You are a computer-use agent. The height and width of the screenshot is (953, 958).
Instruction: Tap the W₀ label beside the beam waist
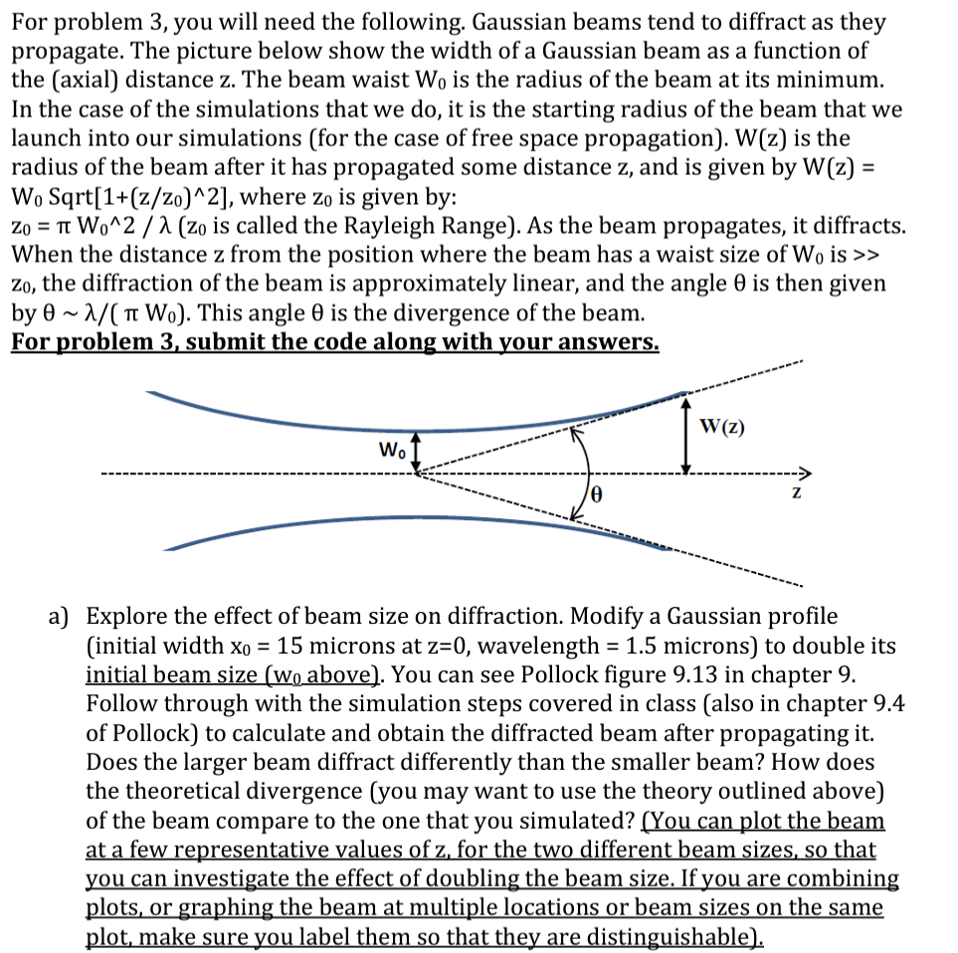392,450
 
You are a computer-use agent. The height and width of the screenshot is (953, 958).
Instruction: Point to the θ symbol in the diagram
598,492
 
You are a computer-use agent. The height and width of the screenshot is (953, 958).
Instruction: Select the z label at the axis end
796,492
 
